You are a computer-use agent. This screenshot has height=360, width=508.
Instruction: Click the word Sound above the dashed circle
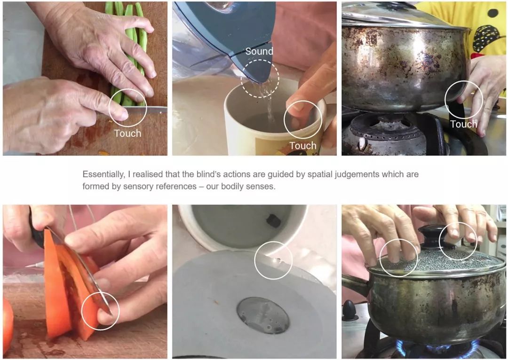point(259,51)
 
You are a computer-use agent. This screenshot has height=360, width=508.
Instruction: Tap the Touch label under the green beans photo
point(127,133)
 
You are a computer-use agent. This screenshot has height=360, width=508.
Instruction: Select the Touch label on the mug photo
point(303,146)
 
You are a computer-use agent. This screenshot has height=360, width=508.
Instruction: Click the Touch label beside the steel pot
point(464,124)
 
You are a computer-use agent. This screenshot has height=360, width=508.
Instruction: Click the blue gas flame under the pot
point(437,347)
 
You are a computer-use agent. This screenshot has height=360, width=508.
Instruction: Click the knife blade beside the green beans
point(146,110)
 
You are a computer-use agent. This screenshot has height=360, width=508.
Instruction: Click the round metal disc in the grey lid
point(263,315)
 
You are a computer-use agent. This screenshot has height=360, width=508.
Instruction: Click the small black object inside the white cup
point(274,221)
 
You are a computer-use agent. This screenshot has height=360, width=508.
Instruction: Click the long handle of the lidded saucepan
point(355,284)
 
